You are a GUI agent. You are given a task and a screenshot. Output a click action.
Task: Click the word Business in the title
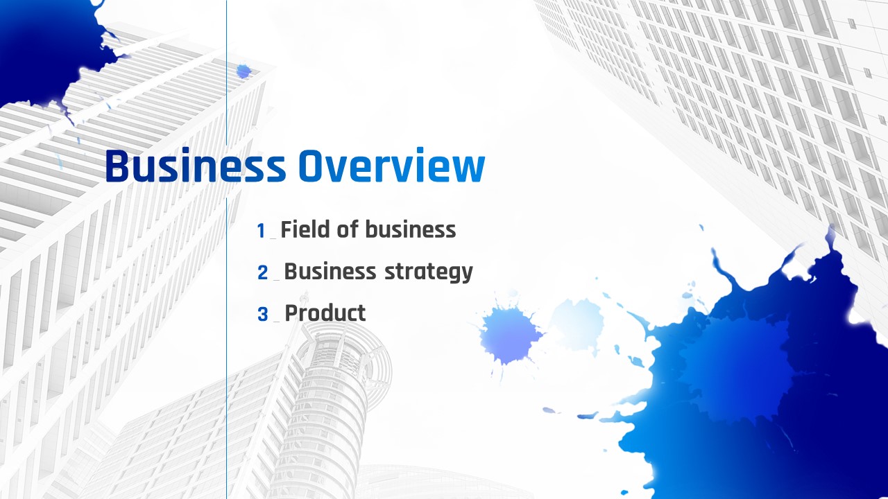click(x=196, y=166)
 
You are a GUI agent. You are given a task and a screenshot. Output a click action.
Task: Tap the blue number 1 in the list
click(x=261, y=231)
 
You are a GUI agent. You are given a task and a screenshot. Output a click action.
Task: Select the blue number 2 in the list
click(x=262, y=272)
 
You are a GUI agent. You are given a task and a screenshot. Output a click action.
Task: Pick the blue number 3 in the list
click(x=262, y=315)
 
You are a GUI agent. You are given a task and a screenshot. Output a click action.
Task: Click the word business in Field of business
click(x=411, y=229)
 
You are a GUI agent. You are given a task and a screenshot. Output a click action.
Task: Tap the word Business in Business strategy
click(x=330, y=271)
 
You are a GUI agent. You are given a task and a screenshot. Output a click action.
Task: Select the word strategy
click(x=429, y=273)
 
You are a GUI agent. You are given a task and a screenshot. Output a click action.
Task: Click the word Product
click(x=325, y=313)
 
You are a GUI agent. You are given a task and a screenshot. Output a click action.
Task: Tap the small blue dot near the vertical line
click(x=244, y=71)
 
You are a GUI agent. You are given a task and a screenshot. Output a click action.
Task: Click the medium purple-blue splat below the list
click(x=509, y=336)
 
